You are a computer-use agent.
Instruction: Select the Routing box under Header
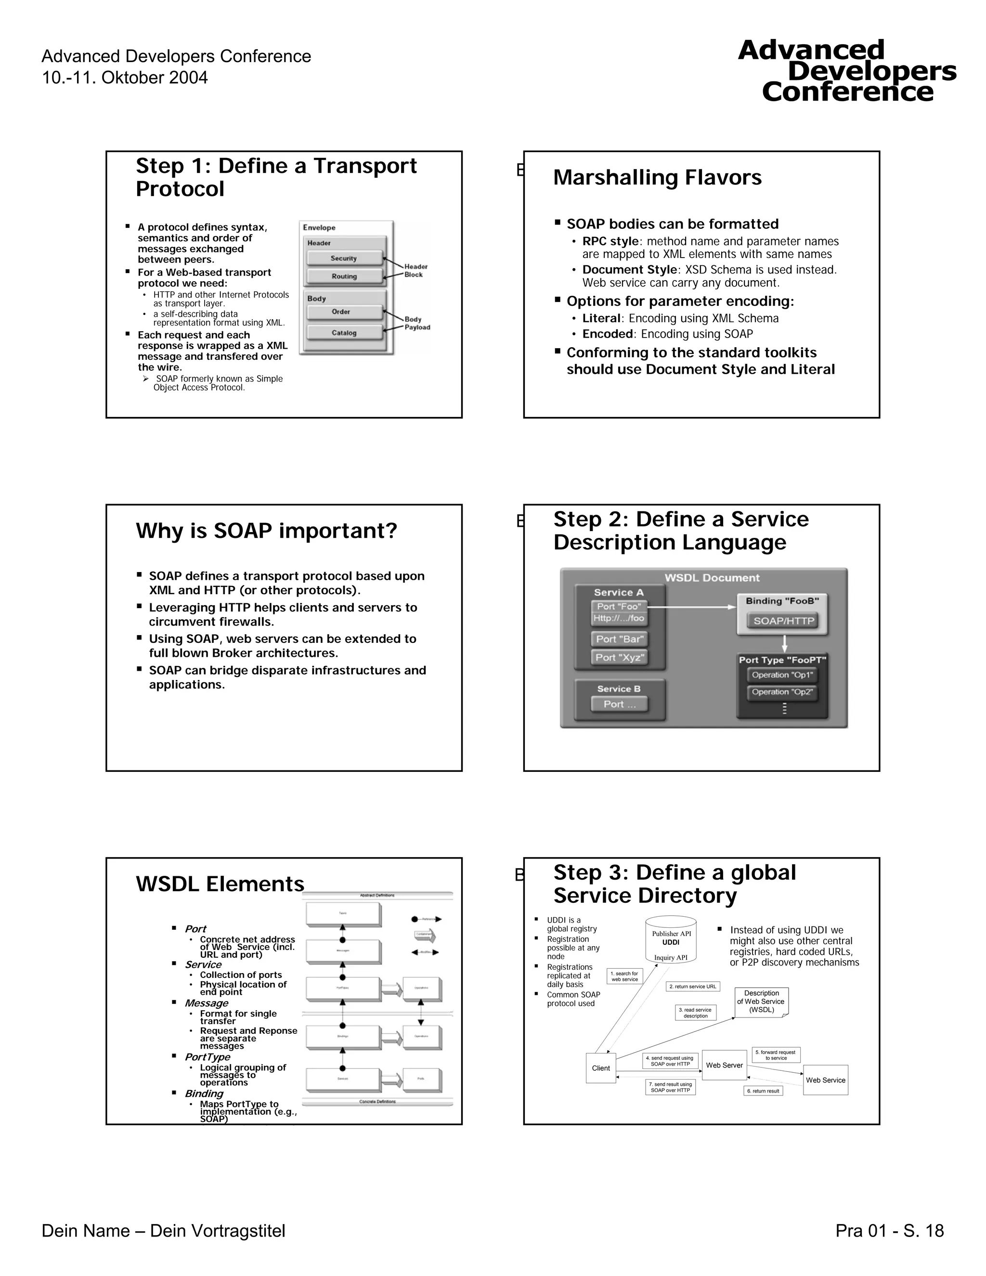pyautogui.click(x=344, y=276)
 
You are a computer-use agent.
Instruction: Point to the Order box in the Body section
pyautogui.click(x=341, y=312)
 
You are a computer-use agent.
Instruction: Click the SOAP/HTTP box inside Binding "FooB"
pyautogui.click(x=783, y=621)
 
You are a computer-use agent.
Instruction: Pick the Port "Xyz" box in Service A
pyautogui.click(x=620, y=657)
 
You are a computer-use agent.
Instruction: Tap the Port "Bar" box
pyautogui.click(x=620, y=639)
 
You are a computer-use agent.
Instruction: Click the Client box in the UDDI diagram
pyautogui.click(x=600, y=1068)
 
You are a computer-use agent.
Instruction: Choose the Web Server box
pyautogui.click(x=724, y=1065)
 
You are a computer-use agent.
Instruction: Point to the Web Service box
pyautogui.click(x=825, y=1080)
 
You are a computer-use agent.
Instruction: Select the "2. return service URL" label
pyautogui.click(x=693, y=986)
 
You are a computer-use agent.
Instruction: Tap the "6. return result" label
pyautogui.click(x=763, y=1091)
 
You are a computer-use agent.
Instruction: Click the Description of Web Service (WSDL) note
pyautogui.click(x=761, y=1002)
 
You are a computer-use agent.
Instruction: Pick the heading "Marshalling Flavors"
pyautogui.click(x=657, y=178)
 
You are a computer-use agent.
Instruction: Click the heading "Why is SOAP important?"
pyautogui.click(x=266, y=531)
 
